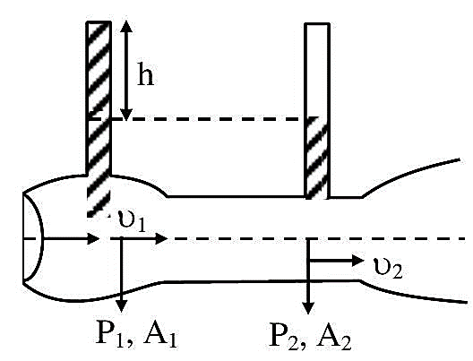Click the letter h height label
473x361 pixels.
coord(145,73)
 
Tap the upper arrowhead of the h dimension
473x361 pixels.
coord(126,26)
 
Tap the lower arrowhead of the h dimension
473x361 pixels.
coord(126,114)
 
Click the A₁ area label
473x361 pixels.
coord(159,334)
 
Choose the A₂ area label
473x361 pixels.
coord(334,335)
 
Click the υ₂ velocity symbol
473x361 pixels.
coord(388,268)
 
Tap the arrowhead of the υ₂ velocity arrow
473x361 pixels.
coord(358,261)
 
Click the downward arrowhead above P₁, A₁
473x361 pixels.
coord(121,306)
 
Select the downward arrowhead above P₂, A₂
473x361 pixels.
coord(308,308)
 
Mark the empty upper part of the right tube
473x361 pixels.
coord(317,71)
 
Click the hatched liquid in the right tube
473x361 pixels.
coord(317,158)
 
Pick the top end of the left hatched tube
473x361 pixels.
coord(99,22)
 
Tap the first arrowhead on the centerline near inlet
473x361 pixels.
coord(93,238)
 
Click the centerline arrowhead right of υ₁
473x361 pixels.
coord(160,238)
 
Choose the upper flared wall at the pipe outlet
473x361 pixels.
coord(410,175)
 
